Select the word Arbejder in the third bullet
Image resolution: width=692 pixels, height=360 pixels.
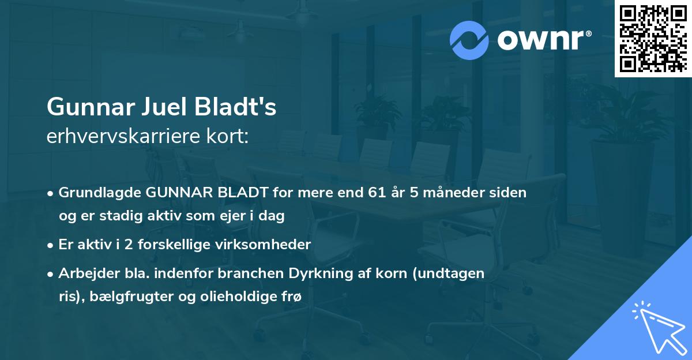pyautogui.click(x=85, y=273)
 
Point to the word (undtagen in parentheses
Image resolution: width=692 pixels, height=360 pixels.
pyautogui.click(x=453, y=273)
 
